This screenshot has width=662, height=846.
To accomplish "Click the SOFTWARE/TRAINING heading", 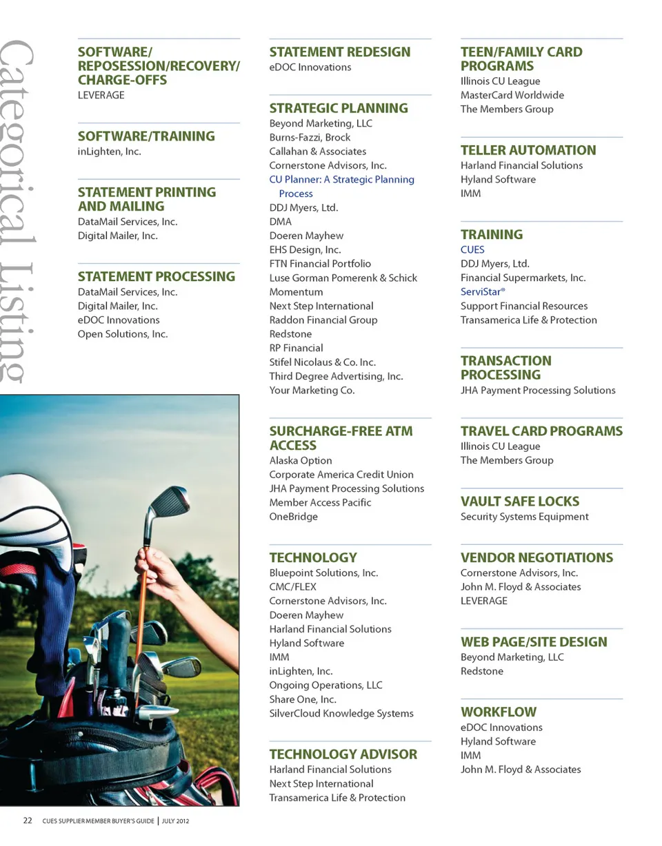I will tap(146, 136).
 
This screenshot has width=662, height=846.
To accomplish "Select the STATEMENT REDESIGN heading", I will tap(339, 52).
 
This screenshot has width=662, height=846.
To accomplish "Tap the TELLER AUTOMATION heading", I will tap(528, 150).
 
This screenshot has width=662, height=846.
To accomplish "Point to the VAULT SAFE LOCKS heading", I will tap(520, 502).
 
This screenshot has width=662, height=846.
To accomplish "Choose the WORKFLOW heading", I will tap(498, 712).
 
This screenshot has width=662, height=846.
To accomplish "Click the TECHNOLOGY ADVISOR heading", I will tap(343, 754).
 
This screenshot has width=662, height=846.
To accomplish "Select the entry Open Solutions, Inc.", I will tap(123, 334).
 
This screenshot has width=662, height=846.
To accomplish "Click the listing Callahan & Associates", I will tap(317, 152).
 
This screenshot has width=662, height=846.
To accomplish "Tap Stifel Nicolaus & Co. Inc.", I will tap(322, 362).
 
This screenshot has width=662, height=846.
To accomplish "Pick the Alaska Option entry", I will tap(300, 461).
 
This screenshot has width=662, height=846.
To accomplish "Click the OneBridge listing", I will tap(293, 517).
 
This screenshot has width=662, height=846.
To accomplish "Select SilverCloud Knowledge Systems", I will tap(341, 714).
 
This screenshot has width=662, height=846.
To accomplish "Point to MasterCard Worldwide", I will tap(512, 95).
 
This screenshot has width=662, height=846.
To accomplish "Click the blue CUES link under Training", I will tap(472, 250).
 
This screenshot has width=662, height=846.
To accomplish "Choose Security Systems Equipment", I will tap(524, 517).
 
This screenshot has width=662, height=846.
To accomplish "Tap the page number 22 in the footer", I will tap(28, 821).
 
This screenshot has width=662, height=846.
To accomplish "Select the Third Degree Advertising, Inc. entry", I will tap(336, 376).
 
